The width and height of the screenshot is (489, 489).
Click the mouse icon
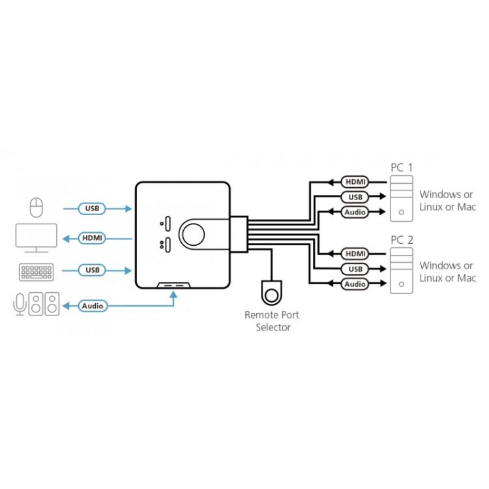click(37, 208)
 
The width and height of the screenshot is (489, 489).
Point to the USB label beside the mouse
click(92, 209)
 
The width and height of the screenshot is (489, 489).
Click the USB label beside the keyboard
click(92, 269)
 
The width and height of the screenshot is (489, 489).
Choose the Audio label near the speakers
click(93, 305)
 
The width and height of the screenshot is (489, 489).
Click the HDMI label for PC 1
click(355, 181)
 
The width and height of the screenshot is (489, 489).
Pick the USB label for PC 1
click(355, 197)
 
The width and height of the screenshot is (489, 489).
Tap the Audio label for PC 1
click(355, 212)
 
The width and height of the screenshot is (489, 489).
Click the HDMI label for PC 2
click(355, 253)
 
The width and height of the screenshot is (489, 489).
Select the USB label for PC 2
click(355, 269)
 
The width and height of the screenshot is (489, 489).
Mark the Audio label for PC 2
click(355, 284)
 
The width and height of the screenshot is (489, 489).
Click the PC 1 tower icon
click(401, 199)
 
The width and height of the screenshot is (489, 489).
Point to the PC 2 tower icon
click(401, 271)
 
